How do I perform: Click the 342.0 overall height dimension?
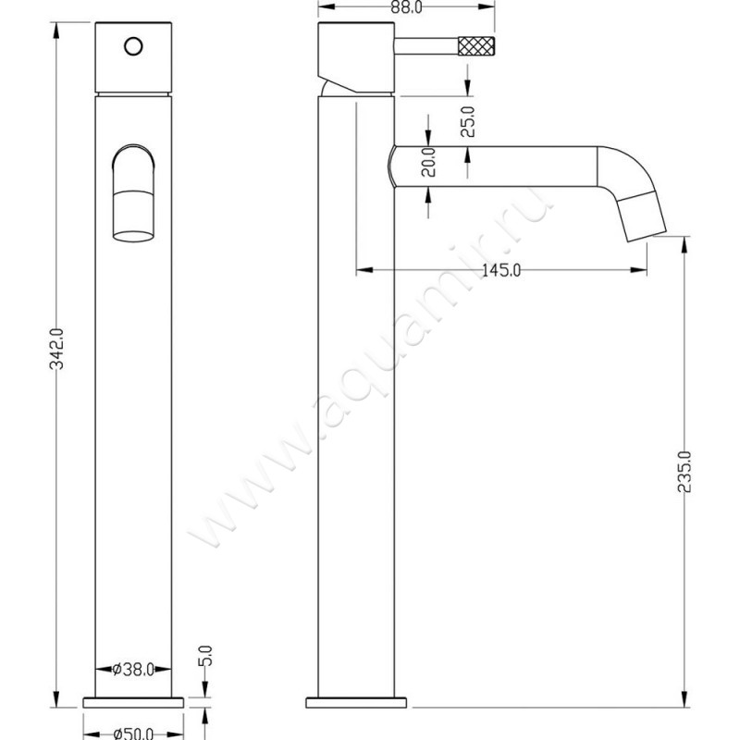(55, 348)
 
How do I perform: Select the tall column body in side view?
(356, 416)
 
